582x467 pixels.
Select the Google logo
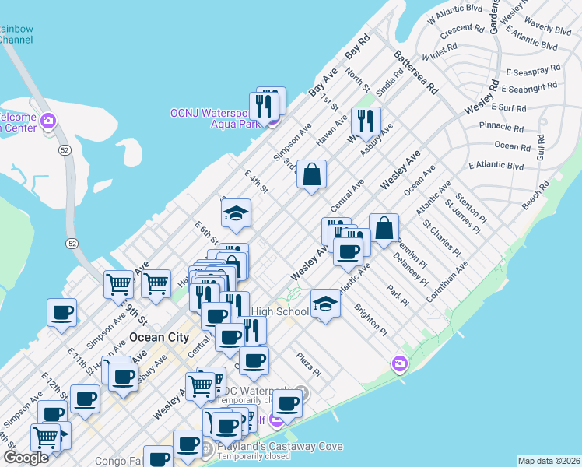click(x=26, y=458)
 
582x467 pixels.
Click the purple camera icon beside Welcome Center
click(x=48, y=121)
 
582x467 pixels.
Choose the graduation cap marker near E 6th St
click(x=235, y=213)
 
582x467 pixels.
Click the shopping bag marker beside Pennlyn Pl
click(x=384, y=228)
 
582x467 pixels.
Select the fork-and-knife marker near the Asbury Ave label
click(x=364, y=121)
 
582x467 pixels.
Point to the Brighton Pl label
click(x=370, y=320)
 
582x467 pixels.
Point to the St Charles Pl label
click(x=440, y=238)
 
